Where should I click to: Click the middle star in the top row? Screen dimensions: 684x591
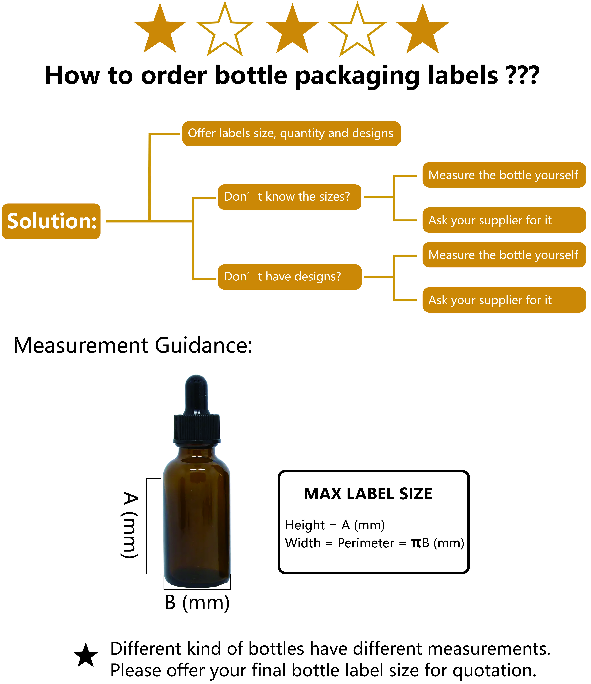click(292, 30)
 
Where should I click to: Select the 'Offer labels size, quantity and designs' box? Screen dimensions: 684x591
click(291, 133)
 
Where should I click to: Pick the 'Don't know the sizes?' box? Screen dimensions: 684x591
click(289, 197)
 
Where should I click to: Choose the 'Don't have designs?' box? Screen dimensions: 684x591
click(289, 277)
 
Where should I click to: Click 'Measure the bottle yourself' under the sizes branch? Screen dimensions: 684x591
click(503, 175)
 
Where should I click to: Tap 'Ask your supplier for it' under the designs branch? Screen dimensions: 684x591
click(503, 300)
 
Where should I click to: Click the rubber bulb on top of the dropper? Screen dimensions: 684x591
click(196, 394)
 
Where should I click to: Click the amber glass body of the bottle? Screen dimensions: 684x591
click(197, 522)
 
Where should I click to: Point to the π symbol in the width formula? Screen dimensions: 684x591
click(416, 543)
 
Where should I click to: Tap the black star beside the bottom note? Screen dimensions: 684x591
click(86, 655)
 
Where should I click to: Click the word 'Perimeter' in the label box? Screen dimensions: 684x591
click(366, 543)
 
